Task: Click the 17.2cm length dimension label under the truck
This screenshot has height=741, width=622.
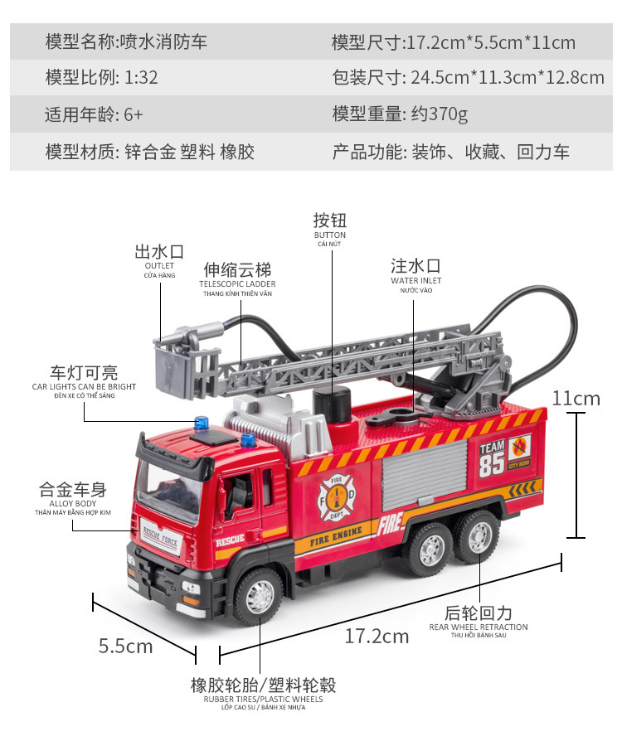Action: point(377,637)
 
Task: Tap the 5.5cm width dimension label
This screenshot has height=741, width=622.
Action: point(125,646)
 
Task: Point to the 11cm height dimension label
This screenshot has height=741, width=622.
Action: point(576,398)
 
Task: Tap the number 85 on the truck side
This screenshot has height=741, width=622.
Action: point(492,465)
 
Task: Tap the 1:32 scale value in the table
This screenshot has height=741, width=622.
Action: point(141,78)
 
